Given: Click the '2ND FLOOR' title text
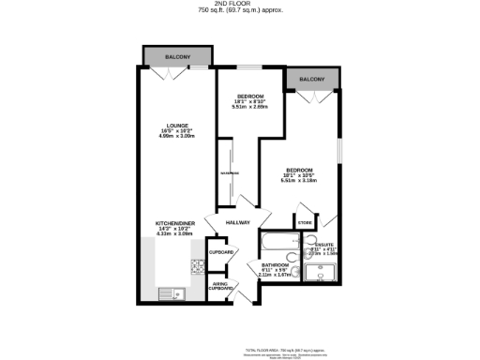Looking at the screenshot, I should click(240, 4).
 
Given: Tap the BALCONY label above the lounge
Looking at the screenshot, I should click(178, 57).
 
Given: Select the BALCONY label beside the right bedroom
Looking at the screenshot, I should click(312, 80).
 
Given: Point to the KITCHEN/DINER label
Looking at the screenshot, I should click(173, 224).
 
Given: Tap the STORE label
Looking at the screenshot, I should click(305, 222).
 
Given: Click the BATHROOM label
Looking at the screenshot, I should click(275, 266).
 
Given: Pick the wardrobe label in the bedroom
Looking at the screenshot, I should click(225, 173).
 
